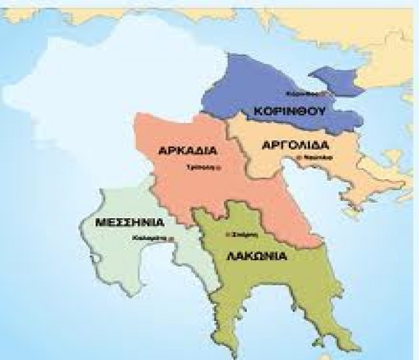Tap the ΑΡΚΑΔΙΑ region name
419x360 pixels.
click(188, 150)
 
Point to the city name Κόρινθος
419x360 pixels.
click(296, 93)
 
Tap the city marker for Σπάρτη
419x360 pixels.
click(228, 234)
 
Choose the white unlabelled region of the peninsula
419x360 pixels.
click(112, 85)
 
